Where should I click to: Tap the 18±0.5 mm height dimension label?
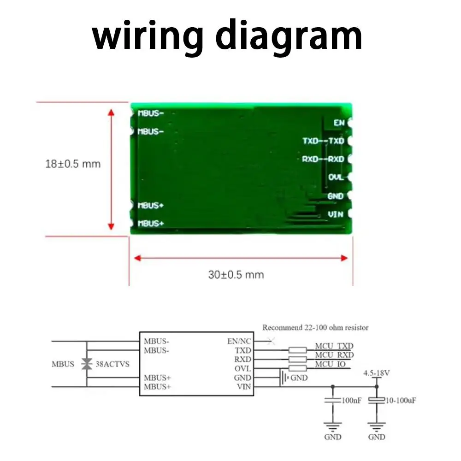73,164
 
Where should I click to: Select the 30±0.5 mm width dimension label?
236,275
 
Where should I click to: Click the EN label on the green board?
339,123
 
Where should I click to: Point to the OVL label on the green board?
336,177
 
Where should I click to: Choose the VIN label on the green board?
336,214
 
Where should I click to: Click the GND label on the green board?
336,196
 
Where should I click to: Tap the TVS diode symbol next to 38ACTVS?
87,364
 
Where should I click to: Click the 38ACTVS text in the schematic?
112,364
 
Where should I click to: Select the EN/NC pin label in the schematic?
239,341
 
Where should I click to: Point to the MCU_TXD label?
334,346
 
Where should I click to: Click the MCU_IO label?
330,364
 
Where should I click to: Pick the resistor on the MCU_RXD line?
297,359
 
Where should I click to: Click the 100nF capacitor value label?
351,401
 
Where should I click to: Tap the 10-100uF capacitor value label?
401,401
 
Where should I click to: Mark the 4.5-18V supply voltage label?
376,373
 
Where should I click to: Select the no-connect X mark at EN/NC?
271,341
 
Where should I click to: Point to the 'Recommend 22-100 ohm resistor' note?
315,327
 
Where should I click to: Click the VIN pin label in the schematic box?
244,387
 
